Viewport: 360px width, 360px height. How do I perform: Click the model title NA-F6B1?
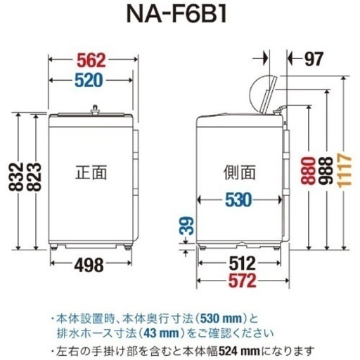(176, 15)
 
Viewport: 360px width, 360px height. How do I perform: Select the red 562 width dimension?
(91, 60)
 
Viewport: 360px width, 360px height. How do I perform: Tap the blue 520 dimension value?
(89, 80)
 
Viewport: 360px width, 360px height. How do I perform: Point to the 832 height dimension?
(16, 176)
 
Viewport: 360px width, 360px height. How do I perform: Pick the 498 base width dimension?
(89, 264)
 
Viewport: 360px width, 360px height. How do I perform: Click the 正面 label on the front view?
(91, 172)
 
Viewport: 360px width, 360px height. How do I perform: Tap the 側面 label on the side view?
(239, 172)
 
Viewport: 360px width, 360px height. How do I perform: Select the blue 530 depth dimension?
(238, 200)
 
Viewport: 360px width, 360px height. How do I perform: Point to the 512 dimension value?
(242, 264)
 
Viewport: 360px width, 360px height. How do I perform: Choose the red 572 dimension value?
(243, 281)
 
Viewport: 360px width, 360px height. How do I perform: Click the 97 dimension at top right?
(314, 58)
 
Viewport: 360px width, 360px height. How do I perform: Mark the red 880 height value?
(308, 171)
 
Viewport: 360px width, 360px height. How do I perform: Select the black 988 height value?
(326, 171)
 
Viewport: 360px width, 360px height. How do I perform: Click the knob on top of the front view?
(96, 110)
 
